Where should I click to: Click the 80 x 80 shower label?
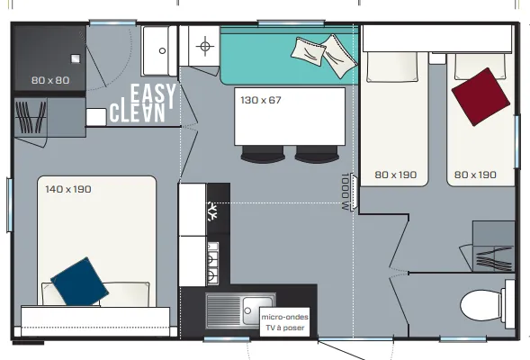tap(50, 80)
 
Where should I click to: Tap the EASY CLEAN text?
tap(143, 103)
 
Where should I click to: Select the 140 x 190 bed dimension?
tap(68, 189)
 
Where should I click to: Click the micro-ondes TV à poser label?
tap(283, 322)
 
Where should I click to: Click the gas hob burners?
tap(212, 262)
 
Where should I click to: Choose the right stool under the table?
tap(316, 155)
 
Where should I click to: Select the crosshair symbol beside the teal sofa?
tap(205, 46)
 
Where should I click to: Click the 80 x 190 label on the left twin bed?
tap(396, 175)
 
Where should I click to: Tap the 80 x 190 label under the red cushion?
tap(475, 175)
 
